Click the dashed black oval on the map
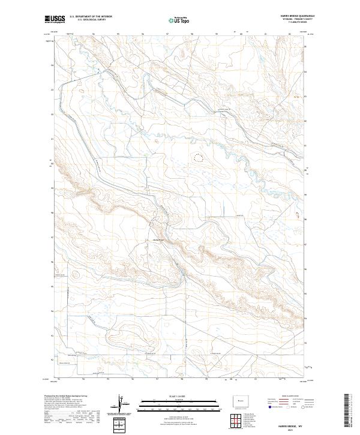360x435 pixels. click(198, 158)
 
